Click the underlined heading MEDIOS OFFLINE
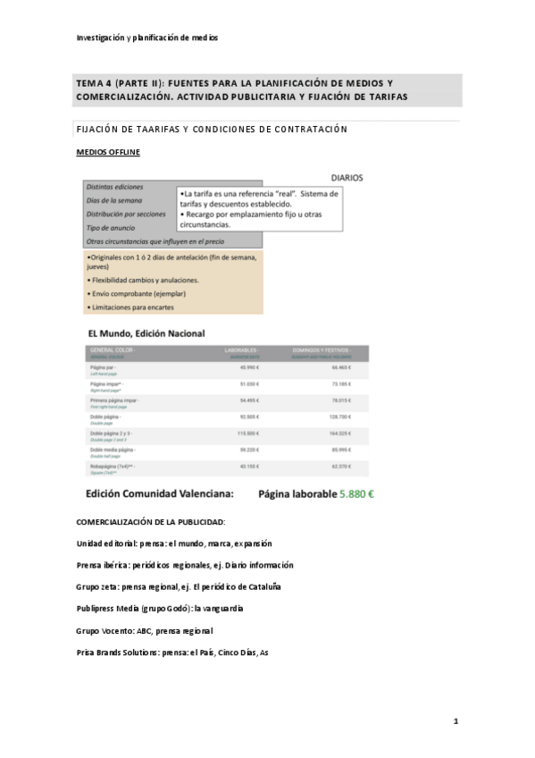(x=108, y=152)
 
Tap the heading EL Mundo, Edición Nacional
(x=146, y=333)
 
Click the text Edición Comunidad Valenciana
(x=160, y=493)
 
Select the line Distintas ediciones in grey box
(x=114, y=187)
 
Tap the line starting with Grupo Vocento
(x=145, y=630)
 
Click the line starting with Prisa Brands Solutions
(x=172, y=653)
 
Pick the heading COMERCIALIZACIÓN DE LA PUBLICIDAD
(x=151, y=521)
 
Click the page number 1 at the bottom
(x=455, y=720)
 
